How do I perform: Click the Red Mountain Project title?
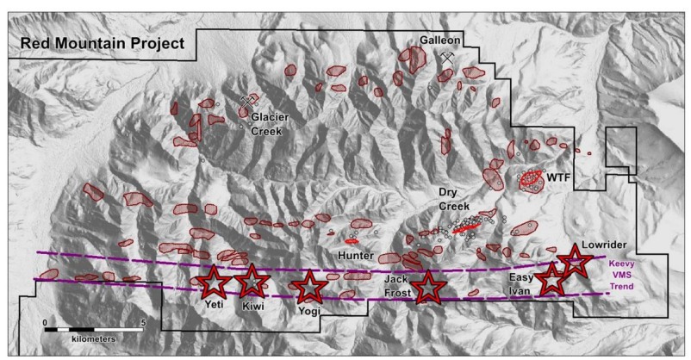97,43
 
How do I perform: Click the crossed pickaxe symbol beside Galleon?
447,55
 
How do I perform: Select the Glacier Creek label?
270,124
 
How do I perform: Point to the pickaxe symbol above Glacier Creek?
251,101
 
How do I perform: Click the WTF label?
560,177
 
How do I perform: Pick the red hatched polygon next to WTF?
531,179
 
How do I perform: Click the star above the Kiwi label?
252,281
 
